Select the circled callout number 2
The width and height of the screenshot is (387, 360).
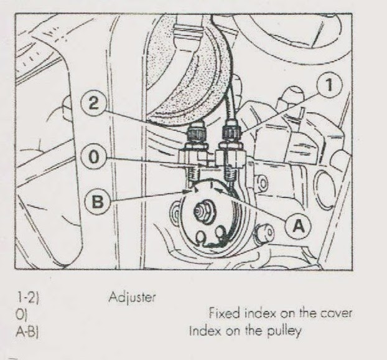click(93, 104)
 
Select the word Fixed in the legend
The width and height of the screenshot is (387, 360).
click(220, 313)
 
